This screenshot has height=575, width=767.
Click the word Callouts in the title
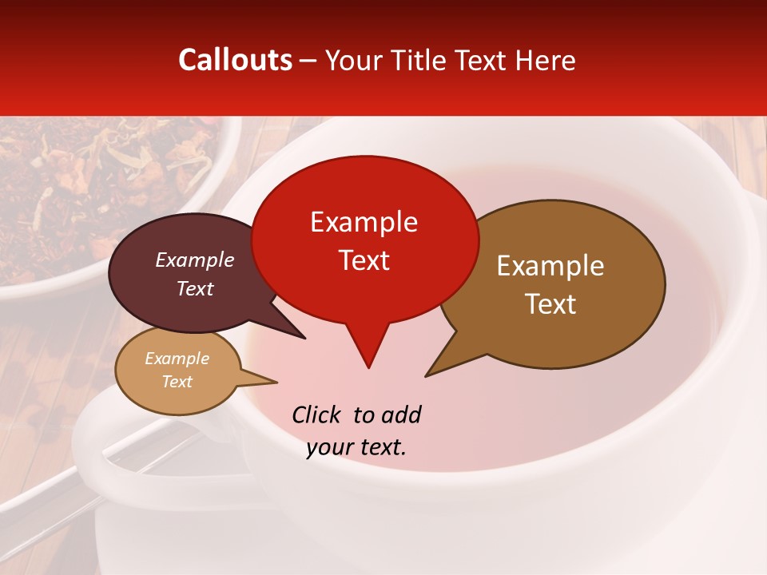click(235, 60)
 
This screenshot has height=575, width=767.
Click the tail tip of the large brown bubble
click(427, 375)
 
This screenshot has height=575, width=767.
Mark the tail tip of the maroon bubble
click(304, 338)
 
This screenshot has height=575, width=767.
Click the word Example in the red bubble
click(364, 222)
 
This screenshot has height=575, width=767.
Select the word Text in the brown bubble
click(551, 304)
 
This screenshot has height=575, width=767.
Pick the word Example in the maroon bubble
click(195, 260)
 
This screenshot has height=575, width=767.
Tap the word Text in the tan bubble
click(177, 382)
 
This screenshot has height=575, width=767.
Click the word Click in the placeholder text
click(316, 414)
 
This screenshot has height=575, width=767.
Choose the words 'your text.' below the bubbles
click(356, 447)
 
